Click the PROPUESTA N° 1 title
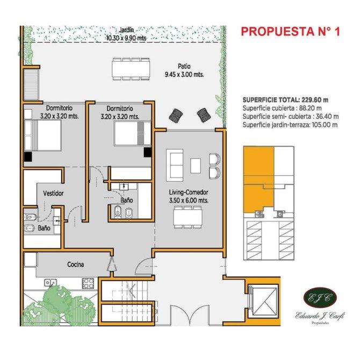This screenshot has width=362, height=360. [291, 31]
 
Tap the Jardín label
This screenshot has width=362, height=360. [126, 30]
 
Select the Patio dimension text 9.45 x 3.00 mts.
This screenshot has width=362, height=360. [184, 75]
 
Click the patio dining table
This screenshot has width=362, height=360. [131, 69]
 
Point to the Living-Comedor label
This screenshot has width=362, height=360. [189, 192]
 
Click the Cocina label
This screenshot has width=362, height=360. [76, 264]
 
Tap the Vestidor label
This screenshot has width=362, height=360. [53, 193]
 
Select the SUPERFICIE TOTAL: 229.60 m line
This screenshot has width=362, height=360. [285, 100]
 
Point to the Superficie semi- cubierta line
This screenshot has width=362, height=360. [291, 117]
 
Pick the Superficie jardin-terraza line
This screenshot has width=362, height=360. [290, 125]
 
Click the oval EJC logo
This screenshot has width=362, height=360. [320, 298]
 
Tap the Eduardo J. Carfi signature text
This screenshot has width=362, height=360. [320, 315]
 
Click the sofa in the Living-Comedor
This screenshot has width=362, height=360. [175, 165]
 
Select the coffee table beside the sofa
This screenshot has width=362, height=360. [196, 165]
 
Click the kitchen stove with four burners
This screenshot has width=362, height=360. [88, 283]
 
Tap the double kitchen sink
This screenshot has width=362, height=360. [50, 283]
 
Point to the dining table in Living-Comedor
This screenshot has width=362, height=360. [187, 217]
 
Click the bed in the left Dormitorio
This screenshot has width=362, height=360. [42, 135]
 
